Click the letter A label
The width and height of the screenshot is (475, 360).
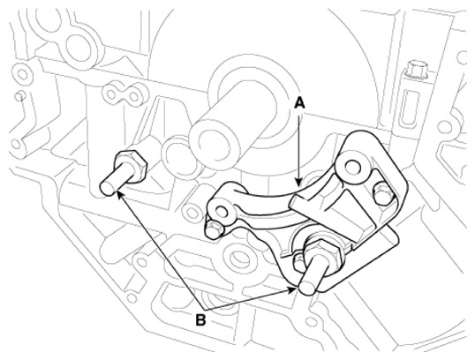299,103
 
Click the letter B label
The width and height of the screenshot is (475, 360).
200,319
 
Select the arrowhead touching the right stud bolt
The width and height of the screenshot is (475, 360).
292,289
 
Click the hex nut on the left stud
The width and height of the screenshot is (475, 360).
132,165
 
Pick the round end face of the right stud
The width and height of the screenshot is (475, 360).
307,287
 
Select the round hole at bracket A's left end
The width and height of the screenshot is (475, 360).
222,210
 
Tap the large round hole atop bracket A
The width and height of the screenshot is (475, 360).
352,166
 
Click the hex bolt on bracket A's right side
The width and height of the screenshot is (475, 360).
381,194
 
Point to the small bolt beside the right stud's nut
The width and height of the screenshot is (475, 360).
298,259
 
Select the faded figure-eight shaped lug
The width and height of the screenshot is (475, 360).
124,94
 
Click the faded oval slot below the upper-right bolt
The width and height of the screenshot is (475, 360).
411,106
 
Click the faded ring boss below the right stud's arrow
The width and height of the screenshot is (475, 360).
237,258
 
